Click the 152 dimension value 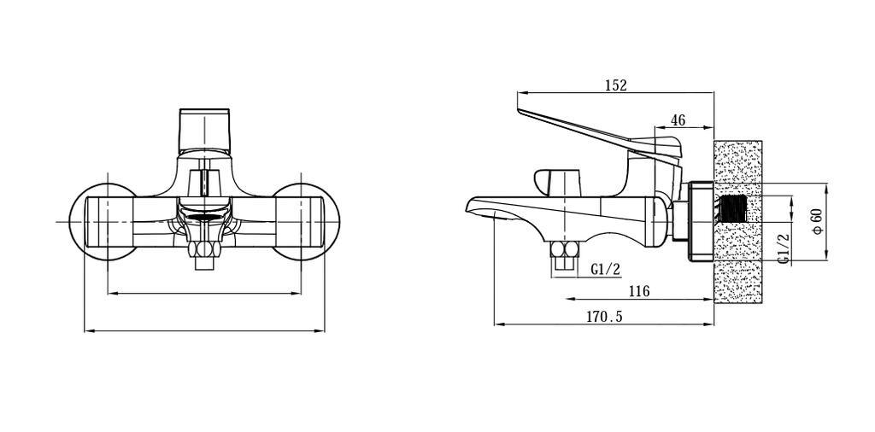pyautogui.click(x=616, y=85)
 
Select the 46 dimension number pyautogui.click(x=678, y=120)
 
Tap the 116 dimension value pyautogui.click(x=639, y=291)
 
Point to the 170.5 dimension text pyautogui.click(x=604, y=317)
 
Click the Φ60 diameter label pyautogui.click(x=817, y=222)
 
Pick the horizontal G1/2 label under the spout pyautogui.click(x=606, y=270)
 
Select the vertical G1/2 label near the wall pyautogui.click(x=784, y=248)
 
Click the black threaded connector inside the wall pyautogui.click(x=734, y=208)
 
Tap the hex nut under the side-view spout pyautogui.click(x=565, y=249)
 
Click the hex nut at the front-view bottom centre pyautogui.click(x=204, y=249)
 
